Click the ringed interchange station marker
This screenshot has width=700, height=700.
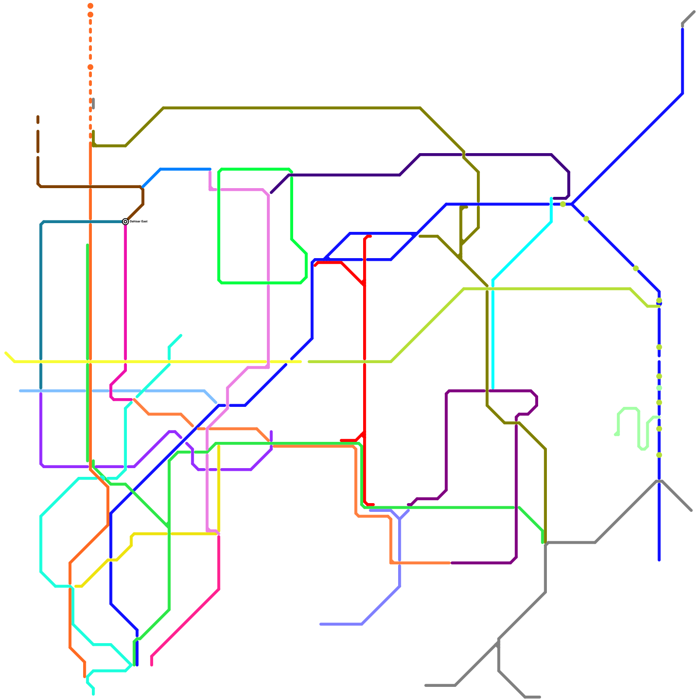[126, 221]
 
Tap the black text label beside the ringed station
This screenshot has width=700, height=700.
[139, 221]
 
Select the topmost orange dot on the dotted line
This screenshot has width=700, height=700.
[90, 6]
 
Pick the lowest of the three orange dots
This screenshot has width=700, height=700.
[90, 67]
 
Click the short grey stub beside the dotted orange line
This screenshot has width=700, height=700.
[93, 103]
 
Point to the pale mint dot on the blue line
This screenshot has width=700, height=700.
[659, 388]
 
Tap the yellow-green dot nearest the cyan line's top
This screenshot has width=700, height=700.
[563, 204]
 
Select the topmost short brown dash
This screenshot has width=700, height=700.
[38, 119]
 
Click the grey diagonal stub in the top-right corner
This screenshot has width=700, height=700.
[688, 17]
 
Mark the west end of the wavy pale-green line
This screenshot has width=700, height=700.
[616, 434]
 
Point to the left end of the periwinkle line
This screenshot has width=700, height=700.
[321, 624]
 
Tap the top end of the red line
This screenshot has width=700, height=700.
[370, 236]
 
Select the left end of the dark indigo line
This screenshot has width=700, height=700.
[271, 192]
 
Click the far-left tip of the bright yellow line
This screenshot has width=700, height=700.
[6, 353]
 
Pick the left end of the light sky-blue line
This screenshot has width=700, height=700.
[20, 391]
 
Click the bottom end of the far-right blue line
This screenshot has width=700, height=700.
[659, 560]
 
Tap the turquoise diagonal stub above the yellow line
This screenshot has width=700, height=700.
[175, 341]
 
